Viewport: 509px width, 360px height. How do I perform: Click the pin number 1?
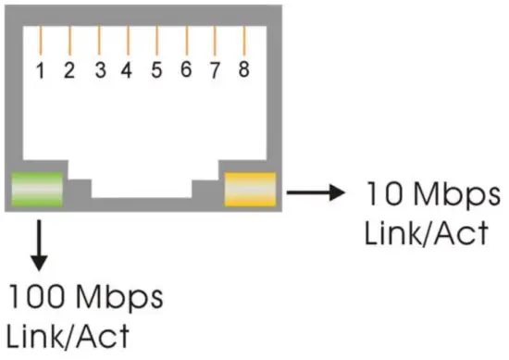[40, 70]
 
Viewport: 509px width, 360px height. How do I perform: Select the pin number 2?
[68, 70]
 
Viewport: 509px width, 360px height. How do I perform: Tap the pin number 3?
[99, 70]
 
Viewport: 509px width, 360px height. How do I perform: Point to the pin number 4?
[127, 70]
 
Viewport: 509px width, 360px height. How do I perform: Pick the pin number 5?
[156, 70]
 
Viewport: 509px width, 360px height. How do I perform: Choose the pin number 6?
[186, 70]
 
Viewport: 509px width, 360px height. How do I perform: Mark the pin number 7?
[215, 70]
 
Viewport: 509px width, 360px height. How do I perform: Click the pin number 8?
[243, 69]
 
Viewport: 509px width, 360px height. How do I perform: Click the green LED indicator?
[36, 189]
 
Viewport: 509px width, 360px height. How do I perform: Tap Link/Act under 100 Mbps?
[68, 335]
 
